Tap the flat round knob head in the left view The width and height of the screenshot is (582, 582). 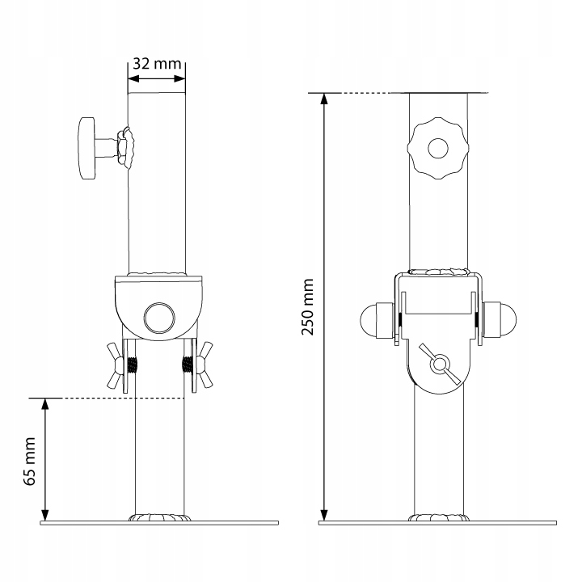tap(86, 148)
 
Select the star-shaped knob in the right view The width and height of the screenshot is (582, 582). tap(438, 149)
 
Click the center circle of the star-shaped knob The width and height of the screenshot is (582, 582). tap(438, 149)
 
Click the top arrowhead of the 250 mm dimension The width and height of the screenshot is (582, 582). tap(324, 99)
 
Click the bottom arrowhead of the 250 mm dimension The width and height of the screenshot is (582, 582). tap(324, 515)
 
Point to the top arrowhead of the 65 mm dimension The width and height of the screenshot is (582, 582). tap(46, 404)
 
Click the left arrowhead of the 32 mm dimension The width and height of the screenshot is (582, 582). tap(133, 79)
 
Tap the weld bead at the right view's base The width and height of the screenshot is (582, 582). tap(438, 518)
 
